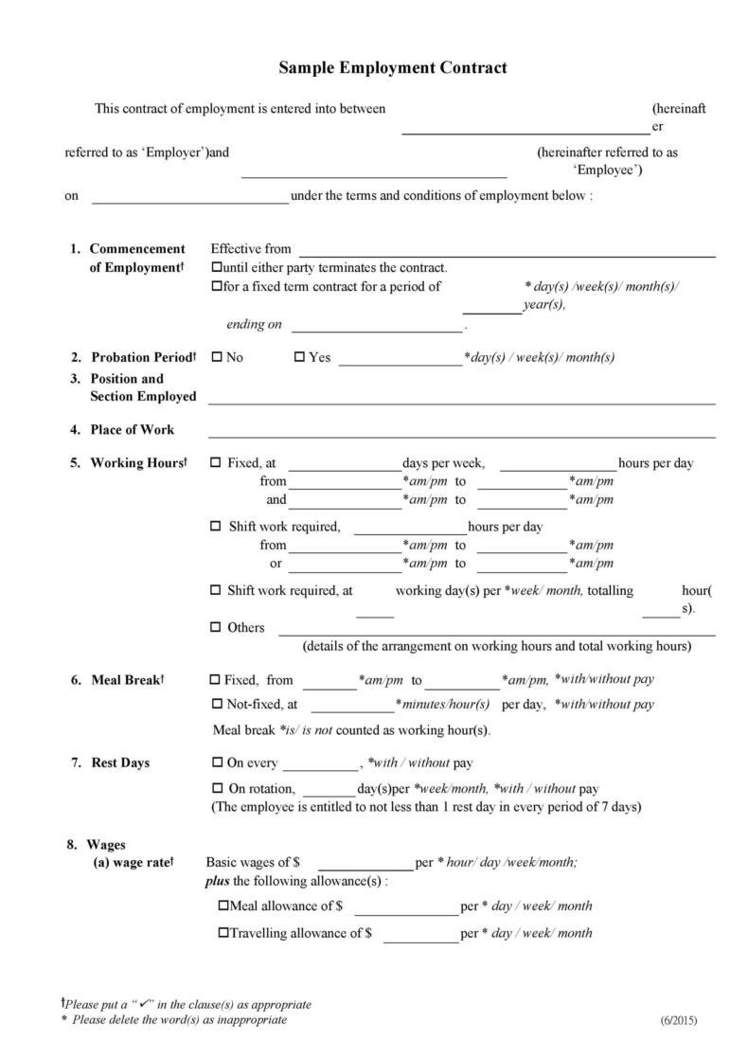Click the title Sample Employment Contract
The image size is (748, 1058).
[392, 68]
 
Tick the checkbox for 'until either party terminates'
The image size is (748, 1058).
[216, 268]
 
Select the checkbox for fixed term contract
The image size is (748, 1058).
[216, 286]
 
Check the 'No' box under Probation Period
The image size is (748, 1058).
[216, 357]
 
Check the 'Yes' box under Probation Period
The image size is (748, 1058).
[299, 357]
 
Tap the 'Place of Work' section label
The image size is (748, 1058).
[133, 429]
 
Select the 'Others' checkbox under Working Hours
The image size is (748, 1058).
[215, 627]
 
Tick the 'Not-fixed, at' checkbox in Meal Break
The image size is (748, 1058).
[215, 704]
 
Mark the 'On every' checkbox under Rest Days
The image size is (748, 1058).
[215, 762]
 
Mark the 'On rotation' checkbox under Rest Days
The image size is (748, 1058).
[215, 788]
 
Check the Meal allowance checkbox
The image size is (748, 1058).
[223, 906]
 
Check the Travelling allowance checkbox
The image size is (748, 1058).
[223, 932]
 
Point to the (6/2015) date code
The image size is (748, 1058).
[678, 1020]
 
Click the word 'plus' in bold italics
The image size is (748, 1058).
[217, 881]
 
